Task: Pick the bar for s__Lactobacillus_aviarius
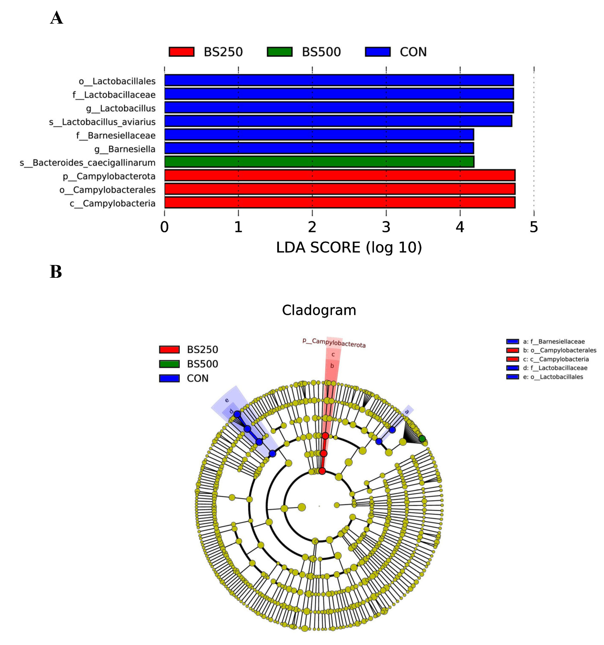point(338,121)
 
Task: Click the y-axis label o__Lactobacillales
point(117,81)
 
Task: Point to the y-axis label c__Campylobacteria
point(112,203)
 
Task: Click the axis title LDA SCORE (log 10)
point(349,247)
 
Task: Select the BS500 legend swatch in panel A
point(280,52)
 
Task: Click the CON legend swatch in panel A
point(377,52)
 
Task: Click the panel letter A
point(56,18)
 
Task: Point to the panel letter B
point(56,272)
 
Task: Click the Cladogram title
point(319,310)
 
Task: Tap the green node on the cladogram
point(422,439)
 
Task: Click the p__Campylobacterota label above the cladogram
point(334,343)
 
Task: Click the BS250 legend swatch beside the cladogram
point(169,349)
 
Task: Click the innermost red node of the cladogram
point(322,471)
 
